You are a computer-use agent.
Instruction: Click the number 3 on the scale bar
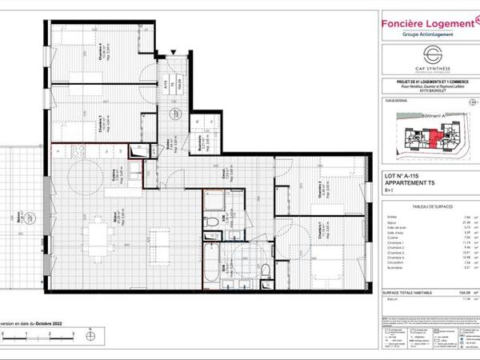(x=72, y=330)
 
